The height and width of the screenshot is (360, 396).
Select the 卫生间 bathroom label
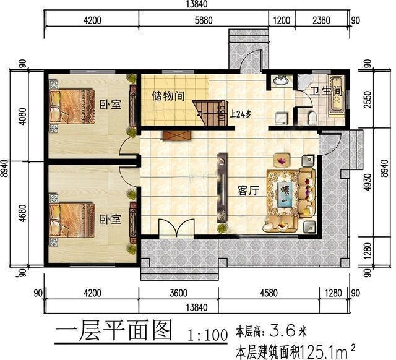point(325,92)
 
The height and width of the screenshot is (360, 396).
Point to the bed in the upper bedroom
point(72,106)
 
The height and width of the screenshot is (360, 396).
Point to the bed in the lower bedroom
point(72,220)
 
